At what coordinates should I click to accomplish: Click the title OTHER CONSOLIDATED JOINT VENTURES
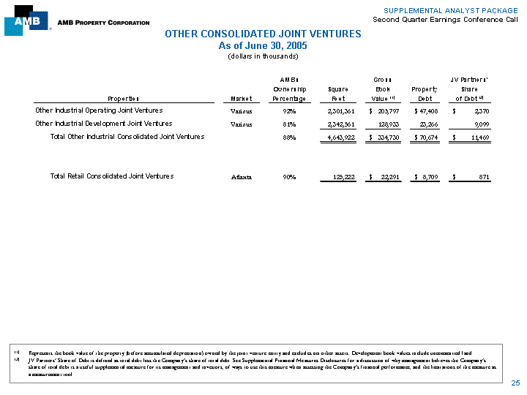tap(263, 34)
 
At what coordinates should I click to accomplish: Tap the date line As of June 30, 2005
tap(263, 45)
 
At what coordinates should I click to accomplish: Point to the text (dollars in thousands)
tap(263, 56)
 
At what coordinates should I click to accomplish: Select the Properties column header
tap(124, 98)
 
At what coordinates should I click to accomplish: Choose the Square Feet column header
tap(338, 93)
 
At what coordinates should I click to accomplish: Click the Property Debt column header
tap(425, 93)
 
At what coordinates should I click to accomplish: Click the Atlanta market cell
tap(242, 177)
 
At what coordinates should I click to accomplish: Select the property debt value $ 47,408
tap(425, 111)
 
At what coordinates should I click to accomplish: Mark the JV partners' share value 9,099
tap(479, 124)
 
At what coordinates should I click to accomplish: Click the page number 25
tap(515, 383)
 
